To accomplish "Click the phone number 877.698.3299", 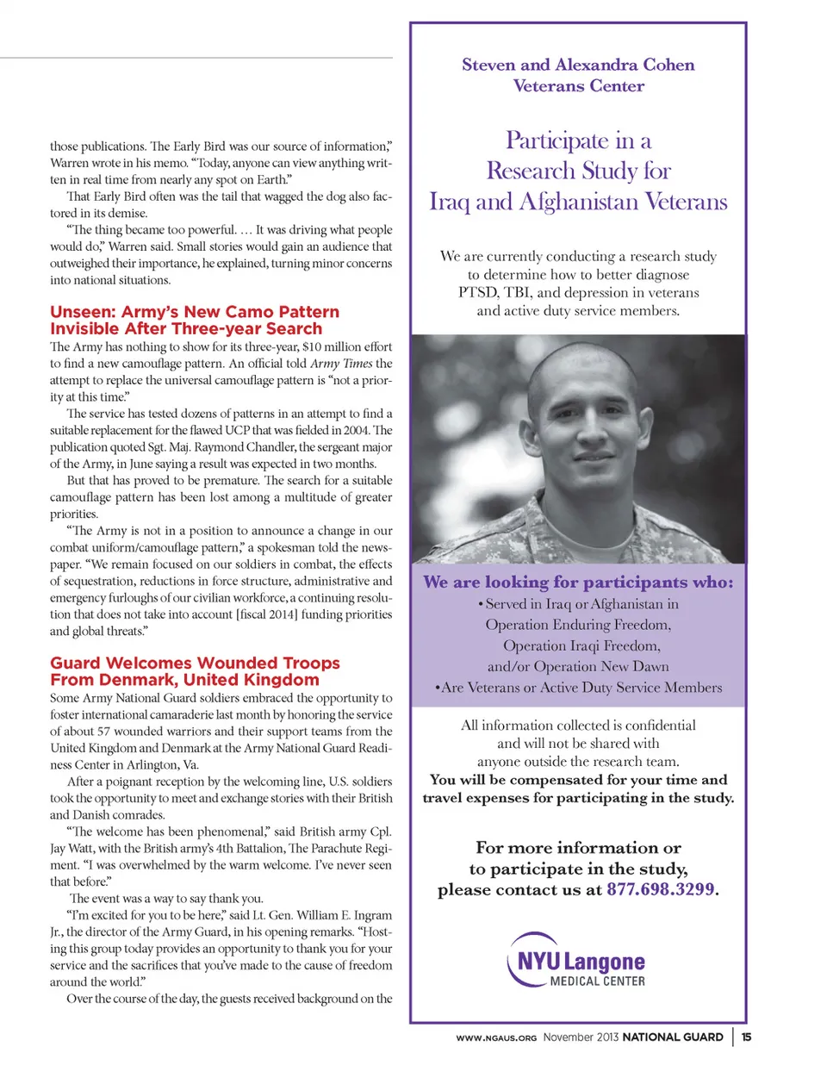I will [x=661, y=890].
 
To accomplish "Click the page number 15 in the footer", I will [x=746, y=1037].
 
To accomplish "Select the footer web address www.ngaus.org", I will [x=496, y=1037].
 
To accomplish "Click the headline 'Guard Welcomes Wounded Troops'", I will [x=195, y=663].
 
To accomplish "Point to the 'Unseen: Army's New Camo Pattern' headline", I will [x=195, y=312].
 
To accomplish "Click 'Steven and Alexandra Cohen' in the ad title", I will [x=578, y=65].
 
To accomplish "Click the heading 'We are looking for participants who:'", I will [x=578, y=583].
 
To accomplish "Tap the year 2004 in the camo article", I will [x=356, y=430].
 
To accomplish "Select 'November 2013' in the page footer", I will [x=581, y=1037].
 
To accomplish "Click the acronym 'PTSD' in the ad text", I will [x=478, y=292].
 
